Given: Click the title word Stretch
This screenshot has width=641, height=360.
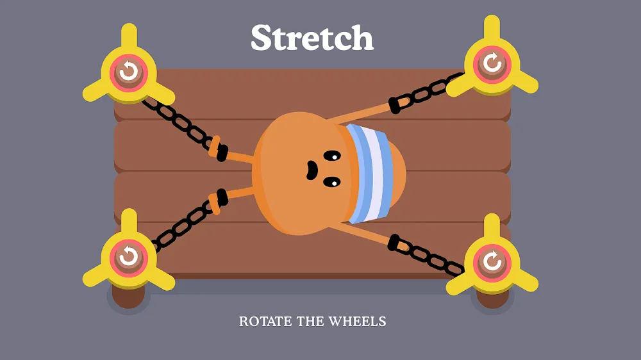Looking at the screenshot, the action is click(312, 38).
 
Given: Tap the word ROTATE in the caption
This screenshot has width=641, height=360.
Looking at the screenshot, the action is click(265, 322).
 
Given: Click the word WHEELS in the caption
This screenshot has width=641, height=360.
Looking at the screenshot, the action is click(357, 322).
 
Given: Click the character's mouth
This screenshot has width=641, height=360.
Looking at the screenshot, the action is click(312, 170).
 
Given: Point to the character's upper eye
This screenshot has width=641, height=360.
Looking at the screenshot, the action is click(332, 156).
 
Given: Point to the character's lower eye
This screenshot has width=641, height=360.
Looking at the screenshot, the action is click(332, 183).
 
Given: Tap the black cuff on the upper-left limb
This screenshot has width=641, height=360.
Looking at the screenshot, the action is click(222, 152).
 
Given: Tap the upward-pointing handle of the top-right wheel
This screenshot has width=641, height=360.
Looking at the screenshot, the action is click(492, 29).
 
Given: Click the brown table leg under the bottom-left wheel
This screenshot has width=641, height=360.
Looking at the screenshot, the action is click(128, 296).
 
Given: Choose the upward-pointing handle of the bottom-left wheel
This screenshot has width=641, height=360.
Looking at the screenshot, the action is click(129, 223).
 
